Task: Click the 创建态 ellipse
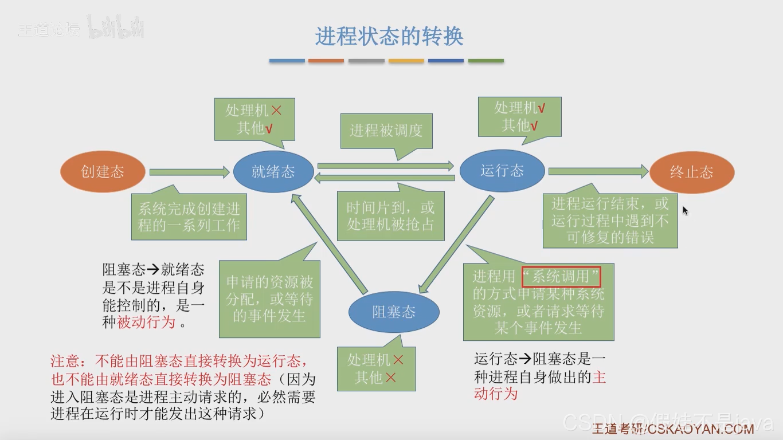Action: pos(103,171)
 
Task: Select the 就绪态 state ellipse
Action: pos(273,171)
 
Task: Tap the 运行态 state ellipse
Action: pos(502,171)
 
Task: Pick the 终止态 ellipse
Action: pos(691,172)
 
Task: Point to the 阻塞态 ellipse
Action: pos(394,312)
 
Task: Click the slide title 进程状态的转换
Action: pos(389,37)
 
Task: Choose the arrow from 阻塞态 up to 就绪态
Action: pos(330,241)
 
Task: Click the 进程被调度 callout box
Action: pos(386,131)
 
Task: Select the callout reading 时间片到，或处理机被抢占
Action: pos(390,215)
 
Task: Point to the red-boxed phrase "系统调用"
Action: pos(561,277)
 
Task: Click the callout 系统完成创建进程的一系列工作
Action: pos(189,217)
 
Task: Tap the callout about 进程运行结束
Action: pos(610,220)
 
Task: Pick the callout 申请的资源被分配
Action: pos(269,298)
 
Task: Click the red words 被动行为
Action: pos(146,322)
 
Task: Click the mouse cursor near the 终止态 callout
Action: pos(685,210)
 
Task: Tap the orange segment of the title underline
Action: pos(326,61)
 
